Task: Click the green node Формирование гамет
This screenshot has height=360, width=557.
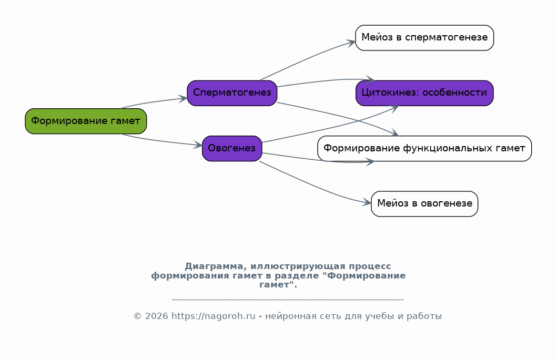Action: [x=86, y=121]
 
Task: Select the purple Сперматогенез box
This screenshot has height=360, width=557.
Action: [x=232, y=93]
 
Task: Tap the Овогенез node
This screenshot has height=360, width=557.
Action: [x=232, y=148]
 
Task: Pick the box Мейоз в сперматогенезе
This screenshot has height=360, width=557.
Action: [x=424, y=38]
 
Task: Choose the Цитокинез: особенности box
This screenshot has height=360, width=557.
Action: [x=424, y=93]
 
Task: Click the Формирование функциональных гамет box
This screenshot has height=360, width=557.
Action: [x=424, y=148]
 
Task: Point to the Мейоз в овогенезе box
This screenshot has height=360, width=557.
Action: [x=424, y=204]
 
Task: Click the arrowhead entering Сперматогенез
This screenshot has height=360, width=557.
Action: [x=183, y=99]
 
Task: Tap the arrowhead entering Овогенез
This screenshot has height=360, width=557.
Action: [x=198, y=145]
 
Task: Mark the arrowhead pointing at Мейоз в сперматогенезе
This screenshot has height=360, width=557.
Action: [x=352, y=43]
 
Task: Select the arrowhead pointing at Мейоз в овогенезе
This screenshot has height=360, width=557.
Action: [x=367, y=203]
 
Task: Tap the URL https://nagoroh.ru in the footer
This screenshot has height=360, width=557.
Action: [x=214, y=316]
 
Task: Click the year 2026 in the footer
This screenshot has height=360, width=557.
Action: [x=157, y=316]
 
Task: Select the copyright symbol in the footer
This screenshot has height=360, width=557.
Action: [x=137, y=316]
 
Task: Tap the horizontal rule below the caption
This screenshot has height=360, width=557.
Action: [x=288, y=300]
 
